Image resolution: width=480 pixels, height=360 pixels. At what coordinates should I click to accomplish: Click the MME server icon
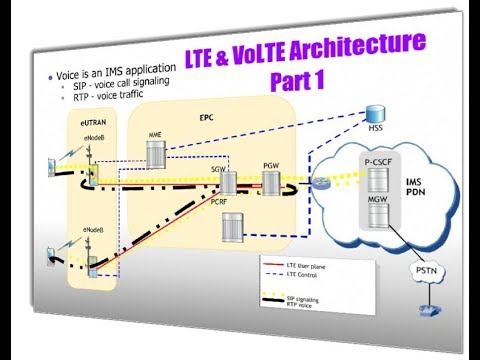click(x=156, y=153)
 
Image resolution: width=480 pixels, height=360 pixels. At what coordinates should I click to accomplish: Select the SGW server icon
click(x=228, y=183)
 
